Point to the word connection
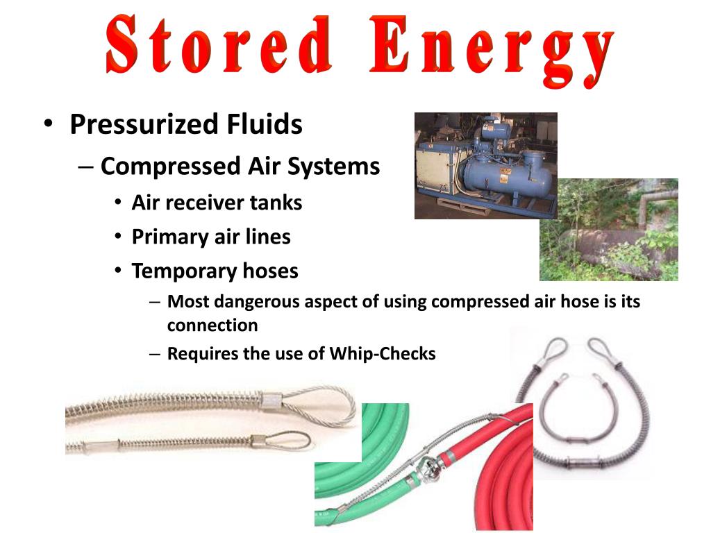click(212, 325)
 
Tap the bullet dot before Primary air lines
click(118, 237)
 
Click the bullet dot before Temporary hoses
click(118, 271)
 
